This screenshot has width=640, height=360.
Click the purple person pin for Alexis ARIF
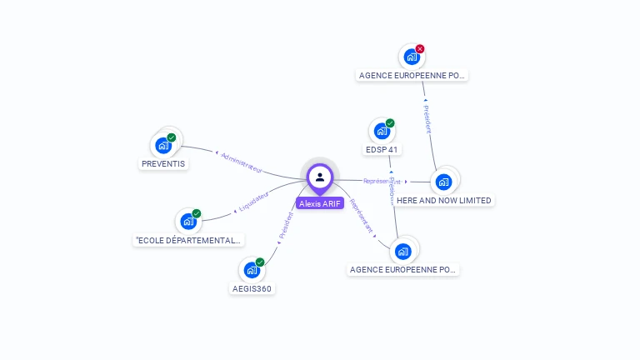point(320,177)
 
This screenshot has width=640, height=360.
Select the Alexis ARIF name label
point(320,203)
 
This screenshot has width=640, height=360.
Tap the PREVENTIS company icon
point(163,145)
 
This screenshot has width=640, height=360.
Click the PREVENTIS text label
point(163,164)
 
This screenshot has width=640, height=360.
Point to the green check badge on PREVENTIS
point(172,137)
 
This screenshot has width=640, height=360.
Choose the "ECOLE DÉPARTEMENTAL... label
point(189,241)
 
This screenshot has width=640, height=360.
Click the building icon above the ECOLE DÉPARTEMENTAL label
point(188,222)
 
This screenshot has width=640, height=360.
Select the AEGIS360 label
point(252,289)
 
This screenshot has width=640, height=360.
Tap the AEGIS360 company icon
point(252,270)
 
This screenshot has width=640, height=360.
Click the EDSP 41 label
point(382,150)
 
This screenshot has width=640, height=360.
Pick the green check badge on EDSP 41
point(390,123)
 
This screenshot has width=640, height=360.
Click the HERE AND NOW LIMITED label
point(444,201)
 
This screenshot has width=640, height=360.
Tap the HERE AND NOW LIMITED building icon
point(443,182)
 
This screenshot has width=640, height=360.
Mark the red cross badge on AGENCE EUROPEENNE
point(420,49)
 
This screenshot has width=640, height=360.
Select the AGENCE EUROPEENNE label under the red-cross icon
point(412,76)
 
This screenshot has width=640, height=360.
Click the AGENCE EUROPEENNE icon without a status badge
point(403,251)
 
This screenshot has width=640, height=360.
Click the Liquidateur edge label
point(253,201)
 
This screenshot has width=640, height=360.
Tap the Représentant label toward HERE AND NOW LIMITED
point(382,181)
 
